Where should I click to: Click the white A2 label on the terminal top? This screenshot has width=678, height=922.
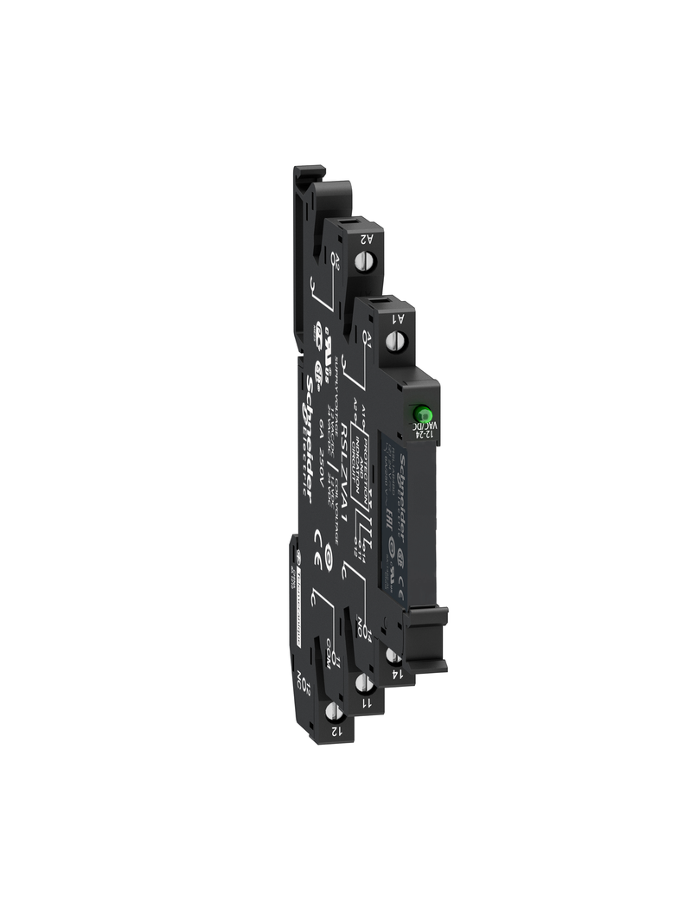pyautogui.click(x=366, y=240)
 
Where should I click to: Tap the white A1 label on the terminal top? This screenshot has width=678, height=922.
pyautogui.click(x=399, y=319)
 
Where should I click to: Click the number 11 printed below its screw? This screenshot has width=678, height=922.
pyautogui.click(x=367, y=701)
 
